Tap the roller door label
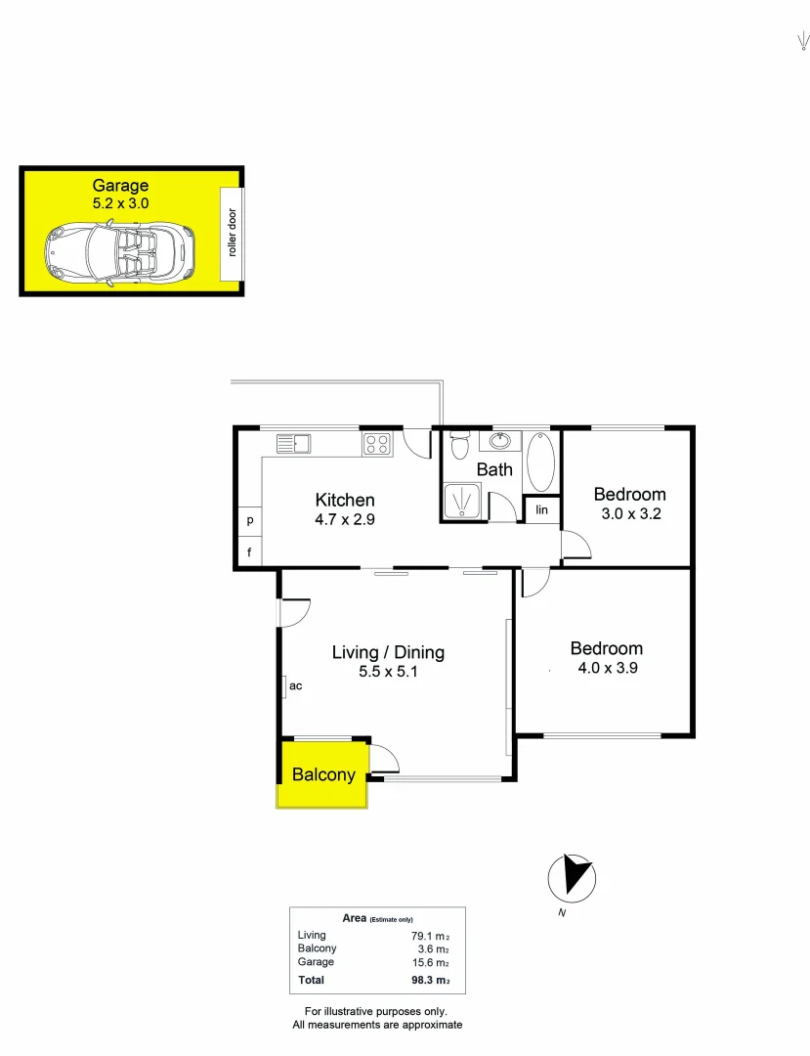pos(233,233)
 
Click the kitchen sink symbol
pos(292,445)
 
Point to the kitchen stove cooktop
pos(377,445)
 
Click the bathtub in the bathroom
pos(540,462)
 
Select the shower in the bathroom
pos(461,502)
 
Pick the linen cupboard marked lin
pos(541,510)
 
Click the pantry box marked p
pos(250,521)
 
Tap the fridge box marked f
pos(250,551)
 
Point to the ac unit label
pos(295,686)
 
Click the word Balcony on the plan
pos(323,775)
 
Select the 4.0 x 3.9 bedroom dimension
pos(607,669)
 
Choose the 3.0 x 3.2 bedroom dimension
pos(629,513)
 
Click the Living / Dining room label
pos(388,652)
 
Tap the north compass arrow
pos(571,875)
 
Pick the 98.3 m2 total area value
pos(429,980)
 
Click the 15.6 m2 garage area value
pos(429,962)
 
